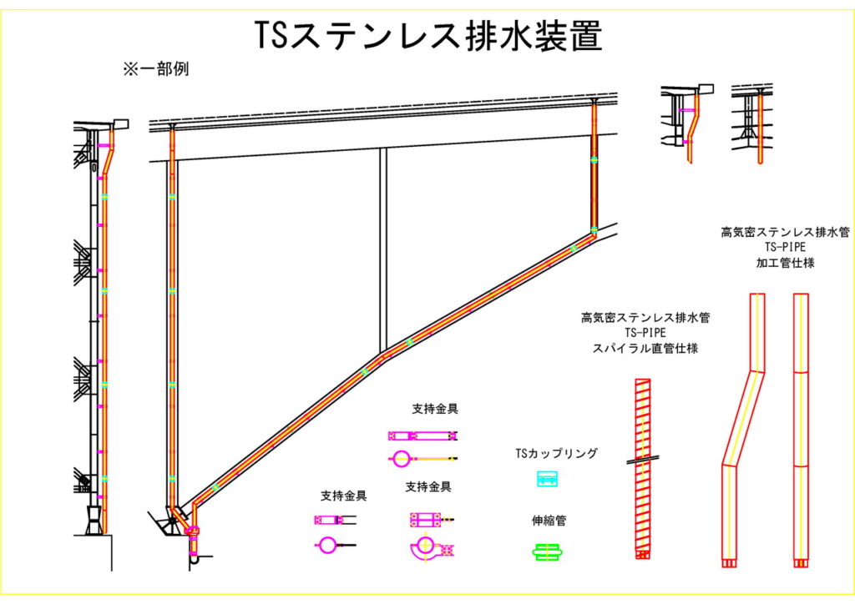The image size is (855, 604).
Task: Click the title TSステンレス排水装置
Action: [427, 35]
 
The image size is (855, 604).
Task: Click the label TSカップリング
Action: [556, 454]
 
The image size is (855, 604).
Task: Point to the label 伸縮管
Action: [549, 521]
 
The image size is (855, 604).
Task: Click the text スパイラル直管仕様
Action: [645, 348]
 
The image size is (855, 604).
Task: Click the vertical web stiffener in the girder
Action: [382, 250]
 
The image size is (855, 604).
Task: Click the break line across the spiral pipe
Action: [642, 459]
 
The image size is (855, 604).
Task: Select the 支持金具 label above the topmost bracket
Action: [434, 409]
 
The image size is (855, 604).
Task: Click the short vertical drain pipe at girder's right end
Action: [594, 167]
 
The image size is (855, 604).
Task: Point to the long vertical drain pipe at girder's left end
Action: [172, 317]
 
